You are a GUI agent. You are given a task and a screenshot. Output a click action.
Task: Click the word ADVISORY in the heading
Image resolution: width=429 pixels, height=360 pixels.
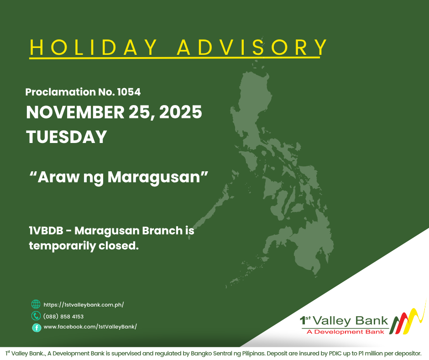pyautogui.click(x=252, y=48)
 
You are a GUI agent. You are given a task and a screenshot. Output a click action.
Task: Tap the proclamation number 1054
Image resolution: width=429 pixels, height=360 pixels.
pyautogui.click(x=129, y=92)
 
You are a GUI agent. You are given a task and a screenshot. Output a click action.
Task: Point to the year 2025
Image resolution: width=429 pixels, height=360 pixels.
pyautogui.click(x=182, y=112)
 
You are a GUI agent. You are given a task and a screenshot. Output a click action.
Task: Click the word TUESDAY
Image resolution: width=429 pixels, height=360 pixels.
pyautogui.click(x=67, y=137)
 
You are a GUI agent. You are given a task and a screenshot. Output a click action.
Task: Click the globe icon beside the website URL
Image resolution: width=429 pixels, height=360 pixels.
pyautogui.click(x=36, y=304)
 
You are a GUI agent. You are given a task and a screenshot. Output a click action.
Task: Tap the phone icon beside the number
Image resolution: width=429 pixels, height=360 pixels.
pyautogui.click(x=36, y=316)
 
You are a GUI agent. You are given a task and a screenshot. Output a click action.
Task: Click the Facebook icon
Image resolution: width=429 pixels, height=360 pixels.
pyautogui.click(x=36, y=327)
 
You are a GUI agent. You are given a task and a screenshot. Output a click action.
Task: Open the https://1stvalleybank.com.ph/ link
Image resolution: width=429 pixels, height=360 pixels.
pyautogui.click(x=84, y=304)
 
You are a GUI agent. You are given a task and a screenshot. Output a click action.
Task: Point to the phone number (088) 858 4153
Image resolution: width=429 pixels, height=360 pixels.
pyautogui.click(x=63, y=316)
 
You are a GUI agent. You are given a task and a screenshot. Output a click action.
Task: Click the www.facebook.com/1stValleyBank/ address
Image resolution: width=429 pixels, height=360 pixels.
pyautogui.click(x=90, y=327)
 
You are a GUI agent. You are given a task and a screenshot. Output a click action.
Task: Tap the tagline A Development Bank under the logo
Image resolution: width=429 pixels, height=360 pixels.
pyautogui.click(x=345, y=332)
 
